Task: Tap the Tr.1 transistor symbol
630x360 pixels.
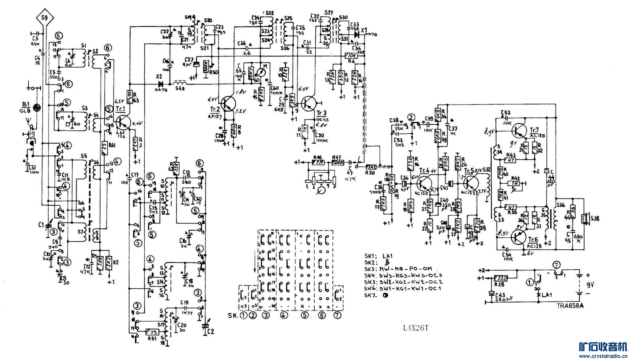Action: click(123, 121)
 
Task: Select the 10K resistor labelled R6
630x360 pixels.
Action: click(351, 56)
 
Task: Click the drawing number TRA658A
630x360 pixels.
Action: click(570, 306)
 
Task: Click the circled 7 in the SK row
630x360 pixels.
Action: click(337, 315)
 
